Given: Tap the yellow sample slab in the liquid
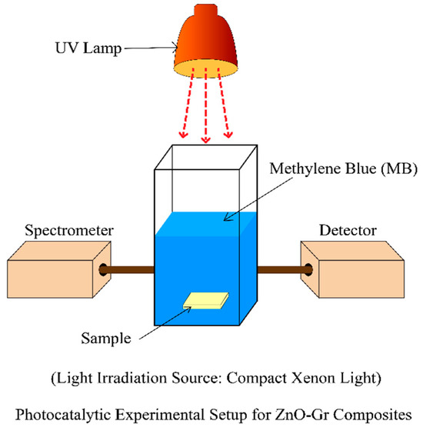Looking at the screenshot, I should click(205, 302).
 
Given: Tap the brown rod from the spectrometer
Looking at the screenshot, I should click(129, 270).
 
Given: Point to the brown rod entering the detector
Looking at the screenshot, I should click(281, 270).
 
